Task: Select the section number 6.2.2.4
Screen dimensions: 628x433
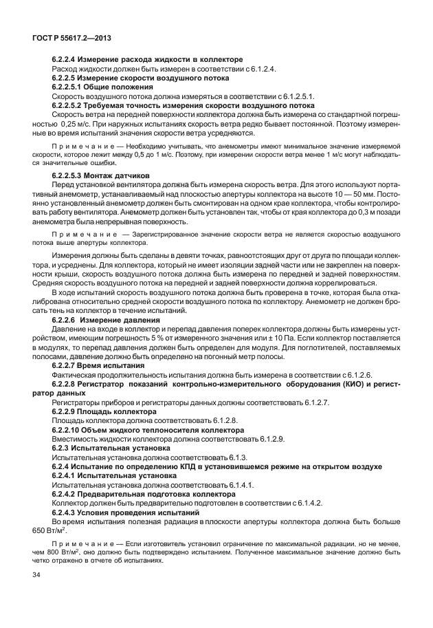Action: click(66, 60)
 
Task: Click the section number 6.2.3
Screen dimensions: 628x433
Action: click(63, 446)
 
